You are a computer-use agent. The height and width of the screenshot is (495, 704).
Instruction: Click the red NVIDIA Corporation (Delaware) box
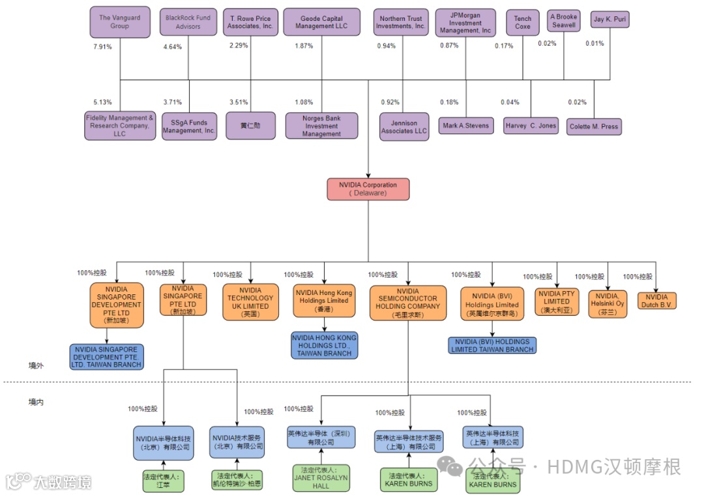tap(368, 189)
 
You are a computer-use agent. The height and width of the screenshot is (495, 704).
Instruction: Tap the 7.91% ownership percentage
tap(103, 47)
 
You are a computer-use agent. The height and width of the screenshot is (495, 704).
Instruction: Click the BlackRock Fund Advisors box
tap(188, 22)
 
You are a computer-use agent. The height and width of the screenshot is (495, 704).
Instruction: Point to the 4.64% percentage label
tap(172, 47)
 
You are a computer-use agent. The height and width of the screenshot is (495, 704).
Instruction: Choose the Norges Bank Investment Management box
tap(321, 126)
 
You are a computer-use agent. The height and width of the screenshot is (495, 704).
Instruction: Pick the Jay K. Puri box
tap(610, 20)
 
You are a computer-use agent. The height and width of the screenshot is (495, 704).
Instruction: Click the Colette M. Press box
tap(593, 126)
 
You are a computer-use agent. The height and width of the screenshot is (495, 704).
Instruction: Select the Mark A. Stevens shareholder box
tap(465, 126)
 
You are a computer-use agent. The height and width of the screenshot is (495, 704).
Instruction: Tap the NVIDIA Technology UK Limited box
tap(250, 302)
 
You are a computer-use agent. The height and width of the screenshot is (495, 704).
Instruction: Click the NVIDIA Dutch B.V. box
tap(657, 301)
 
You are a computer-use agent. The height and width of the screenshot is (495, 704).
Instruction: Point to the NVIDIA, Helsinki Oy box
tap(608, 304)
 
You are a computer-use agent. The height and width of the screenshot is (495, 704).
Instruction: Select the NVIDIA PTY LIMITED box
tap(557, 302)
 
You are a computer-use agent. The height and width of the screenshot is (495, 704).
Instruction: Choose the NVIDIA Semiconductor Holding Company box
tap(408, 303)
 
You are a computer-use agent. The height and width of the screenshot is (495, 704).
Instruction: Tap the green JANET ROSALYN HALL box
tap(321, 478)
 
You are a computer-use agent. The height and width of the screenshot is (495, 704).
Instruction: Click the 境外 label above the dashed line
tap(36, 365)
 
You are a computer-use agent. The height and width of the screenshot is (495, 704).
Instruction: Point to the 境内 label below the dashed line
tap(36, 402)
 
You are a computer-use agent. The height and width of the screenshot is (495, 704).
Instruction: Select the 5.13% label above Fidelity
tap(103, 102)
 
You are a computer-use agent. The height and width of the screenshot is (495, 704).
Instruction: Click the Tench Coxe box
tap(522, 23)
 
